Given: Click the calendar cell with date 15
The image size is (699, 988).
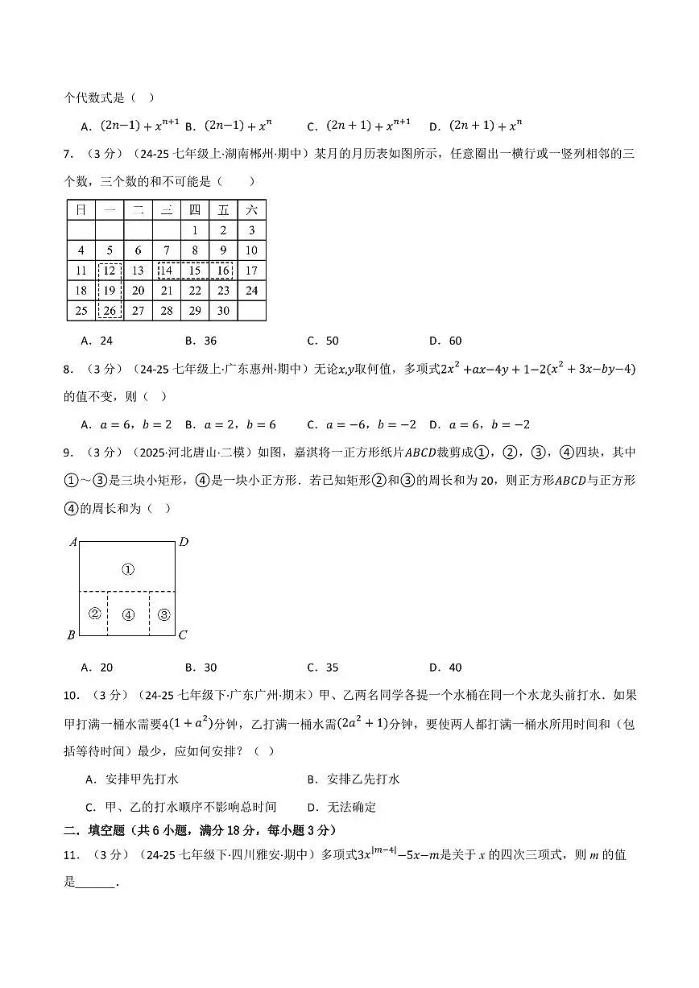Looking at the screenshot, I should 195,271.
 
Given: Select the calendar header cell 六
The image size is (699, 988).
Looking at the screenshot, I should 251,210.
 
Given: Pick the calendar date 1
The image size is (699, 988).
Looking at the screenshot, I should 195,230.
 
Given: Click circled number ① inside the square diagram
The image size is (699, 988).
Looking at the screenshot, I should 127,569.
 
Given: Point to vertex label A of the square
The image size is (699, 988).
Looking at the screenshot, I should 72,542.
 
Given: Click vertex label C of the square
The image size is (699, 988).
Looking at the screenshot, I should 183,635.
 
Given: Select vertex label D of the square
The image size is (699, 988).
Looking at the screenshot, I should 183,542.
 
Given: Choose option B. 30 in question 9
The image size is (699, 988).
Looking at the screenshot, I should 201,667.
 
